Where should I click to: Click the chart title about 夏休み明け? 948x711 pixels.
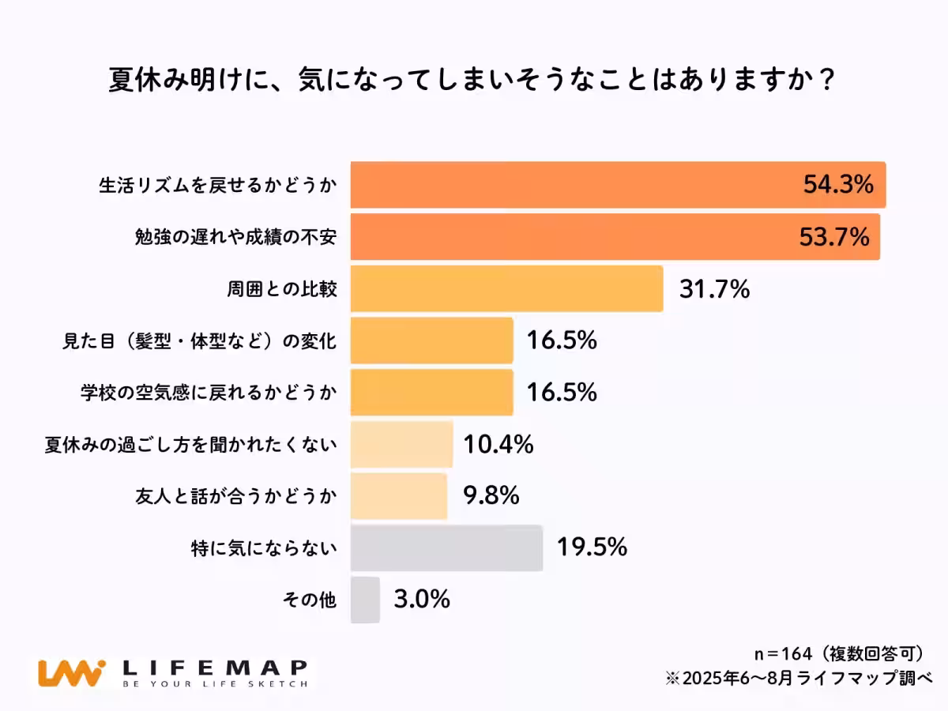point(472,81)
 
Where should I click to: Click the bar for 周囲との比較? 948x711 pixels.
point(506,289)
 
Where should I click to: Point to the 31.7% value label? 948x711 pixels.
point(713,290)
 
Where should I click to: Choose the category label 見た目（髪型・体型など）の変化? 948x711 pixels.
point(200,341)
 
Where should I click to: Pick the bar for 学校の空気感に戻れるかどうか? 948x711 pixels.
point(431,393)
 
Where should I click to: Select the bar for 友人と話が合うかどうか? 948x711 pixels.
point(398,496)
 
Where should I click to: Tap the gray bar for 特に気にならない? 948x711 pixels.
point(446,547)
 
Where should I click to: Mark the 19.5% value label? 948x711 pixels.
point(592,547)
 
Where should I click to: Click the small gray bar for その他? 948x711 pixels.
point(365,600)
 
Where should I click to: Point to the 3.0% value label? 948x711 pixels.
point(421,600)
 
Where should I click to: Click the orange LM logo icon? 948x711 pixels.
point(71,673)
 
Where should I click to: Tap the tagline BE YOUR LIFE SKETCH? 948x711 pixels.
point(213,684)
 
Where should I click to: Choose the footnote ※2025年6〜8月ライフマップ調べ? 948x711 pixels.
point(799,678)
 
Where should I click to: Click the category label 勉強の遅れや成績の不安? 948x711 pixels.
point(236,238)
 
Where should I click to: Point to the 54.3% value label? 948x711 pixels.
point(837,186)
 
